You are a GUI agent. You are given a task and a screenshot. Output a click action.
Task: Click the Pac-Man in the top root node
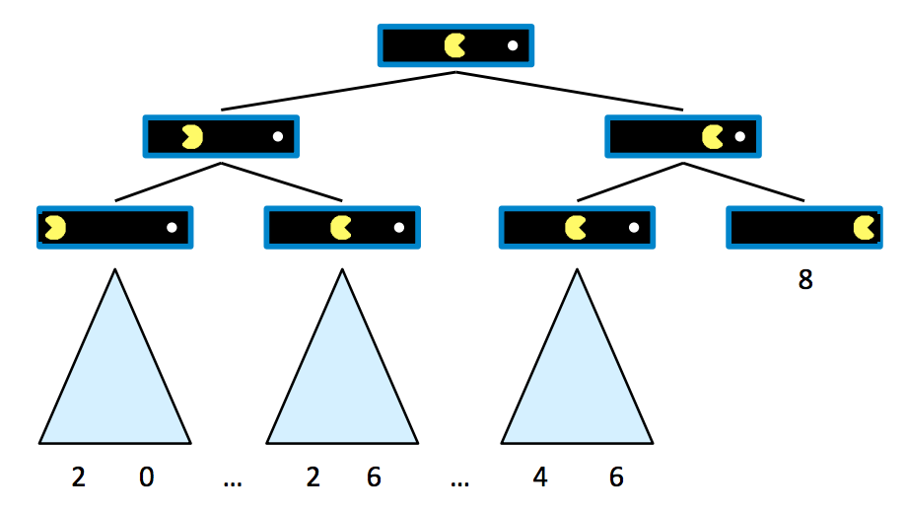[x=454, y=45]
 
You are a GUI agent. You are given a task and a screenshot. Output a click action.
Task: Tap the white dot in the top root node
[x=512, y=45]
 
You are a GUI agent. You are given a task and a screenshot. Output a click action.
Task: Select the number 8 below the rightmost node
[x=805, y=280]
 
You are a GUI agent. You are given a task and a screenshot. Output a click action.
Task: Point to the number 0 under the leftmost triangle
[x=146, y=478]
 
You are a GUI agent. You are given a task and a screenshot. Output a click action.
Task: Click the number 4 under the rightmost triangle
[x=540, y=478]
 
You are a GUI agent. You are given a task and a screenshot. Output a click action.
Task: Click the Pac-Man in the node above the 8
[x=865, y=228]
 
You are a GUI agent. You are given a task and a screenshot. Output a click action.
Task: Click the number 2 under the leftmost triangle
[x=79, y=478]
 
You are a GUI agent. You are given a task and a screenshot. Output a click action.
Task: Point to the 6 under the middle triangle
[x=374, y=478]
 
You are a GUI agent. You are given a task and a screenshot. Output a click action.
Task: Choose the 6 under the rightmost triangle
[x=616, y=478]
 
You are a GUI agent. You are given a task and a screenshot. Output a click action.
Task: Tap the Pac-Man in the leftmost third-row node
[x=54, y=228]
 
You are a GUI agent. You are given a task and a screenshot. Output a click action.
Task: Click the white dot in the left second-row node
[x=278, y=136]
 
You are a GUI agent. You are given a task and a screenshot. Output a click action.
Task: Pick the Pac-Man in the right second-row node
[x=712, y=136]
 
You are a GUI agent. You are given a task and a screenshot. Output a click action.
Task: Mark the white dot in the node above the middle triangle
[x=398, y=228]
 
